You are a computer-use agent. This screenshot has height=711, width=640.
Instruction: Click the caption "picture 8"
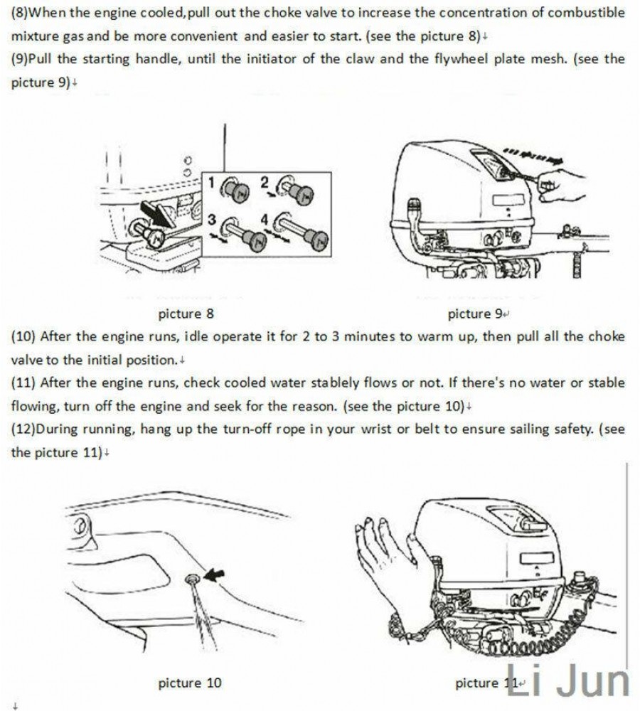(186, 314)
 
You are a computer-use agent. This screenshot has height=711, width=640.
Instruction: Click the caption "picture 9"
(475, 314)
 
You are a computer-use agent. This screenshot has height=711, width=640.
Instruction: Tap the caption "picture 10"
(189, 683)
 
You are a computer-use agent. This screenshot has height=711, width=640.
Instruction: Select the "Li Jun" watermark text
(570, 680)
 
